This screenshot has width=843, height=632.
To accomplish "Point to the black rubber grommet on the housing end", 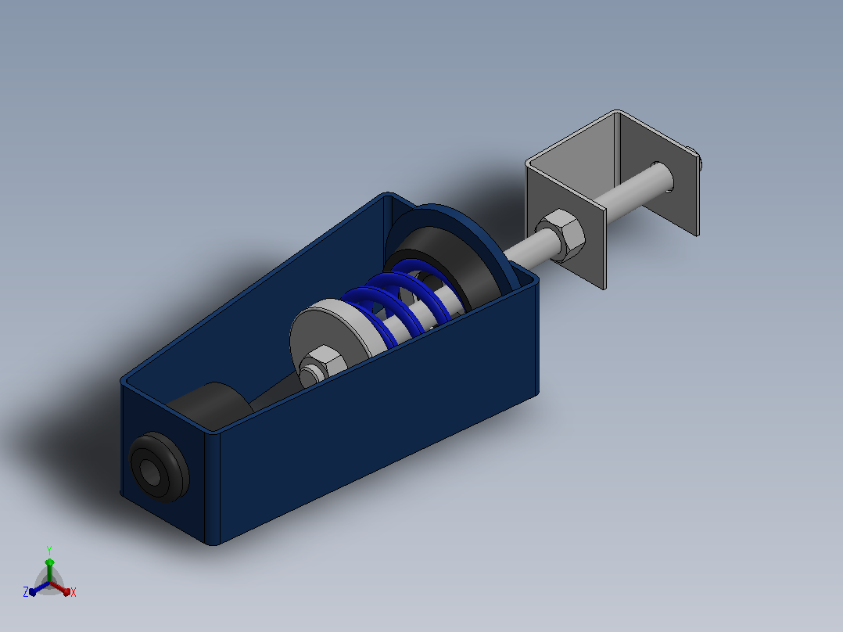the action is point(160,467).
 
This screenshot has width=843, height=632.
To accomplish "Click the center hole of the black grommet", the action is point(150,472).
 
